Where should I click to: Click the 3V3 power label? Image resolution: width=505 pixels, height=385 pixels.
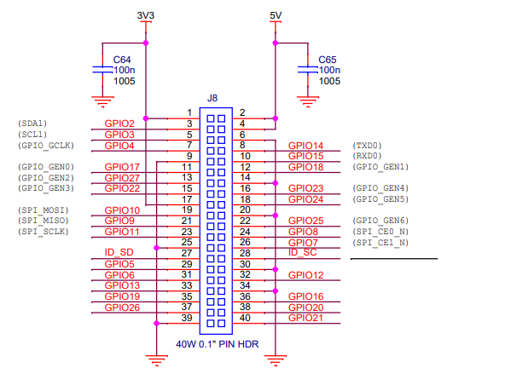click(x=146, y=15)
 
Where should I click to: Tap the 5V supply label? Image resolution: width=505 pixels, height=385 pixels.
click(x=276, y=15)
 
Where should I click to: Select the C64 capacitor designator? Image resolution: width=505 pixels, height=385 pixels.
click(x=122, y=60)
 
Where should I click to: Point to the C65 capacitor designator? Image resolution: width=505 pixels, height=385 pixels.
click(x=328, y=60)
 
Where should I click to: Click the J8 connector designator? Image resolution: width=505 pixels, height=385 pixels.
click(x=212, y=98)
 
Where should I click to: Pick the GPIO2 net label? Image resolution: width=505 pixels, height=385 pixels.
click(x=119, y=124)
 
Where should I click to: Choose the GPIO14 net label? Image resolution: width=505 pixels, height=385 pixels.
click(x=305, y=146)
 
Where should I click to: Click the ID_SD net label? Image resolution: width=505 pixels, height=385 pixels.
click(x=119, y=252)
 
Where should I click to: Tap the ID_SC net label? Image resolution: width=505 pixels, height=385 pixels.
click(x=303, y=252)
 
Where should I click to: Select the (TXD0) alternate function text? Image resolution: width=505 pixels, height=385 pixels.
click(x=367, y=146)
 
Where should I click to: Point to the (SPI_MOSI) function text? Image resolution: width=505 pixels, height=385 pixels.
click(x=44, y=210)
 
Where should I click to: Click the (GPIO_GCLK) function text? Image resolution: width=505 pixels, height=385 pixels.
click(x=46, y=146)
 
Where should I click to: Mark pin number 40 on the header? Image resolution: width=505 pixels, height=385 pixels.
click(x=245, y=318)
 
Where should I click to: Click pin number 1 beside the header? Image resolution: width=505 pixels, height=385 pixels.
click(x=189, y=112)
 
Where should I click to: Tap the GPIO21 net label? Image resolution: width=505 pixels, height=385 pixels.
click(x=305, y=318)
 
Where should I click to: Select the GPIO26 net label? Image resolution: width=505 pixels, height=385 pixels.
click(x=122, y=307)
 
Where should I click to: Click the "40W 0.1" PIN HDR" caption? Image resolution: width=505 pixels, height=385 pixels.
click(x=218, y=344)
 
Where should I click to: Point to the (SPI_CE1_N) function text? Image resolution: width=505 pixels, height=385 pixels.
click(x=380, y=243)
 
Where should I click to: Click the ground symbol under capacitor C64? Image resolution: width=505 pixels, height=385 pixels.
click(x=102, y=102)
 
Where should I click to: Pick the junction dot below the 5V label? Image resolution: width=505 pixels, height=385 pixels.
click(x=276, y=43)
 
